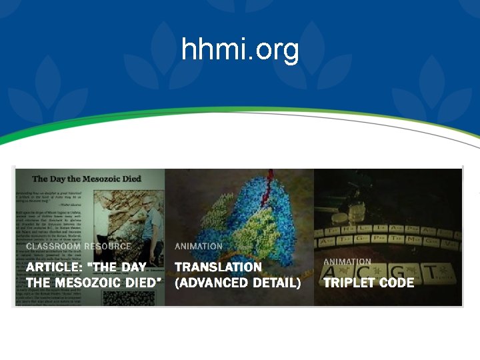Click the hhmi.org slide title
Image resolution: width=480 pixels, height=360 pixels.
coord(240,49)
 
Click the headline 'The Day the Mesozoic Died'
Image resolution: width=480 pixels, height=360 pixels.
coord(86,179)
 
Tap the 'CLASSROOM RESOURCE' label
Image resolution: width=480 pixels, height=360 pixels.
coord(79,246)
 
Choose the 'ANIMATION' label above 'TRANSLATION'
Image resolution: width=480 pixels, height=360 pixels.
coord(199,246)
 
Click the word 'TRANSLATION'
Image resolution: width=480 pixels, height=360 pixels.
coord(218,267)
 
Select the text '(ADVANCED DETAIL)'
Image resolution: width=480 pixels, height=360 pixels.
coord(237,283)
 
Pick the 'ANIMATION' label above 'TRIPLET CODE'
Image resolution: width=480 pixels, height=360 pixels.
coord(347,262)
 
